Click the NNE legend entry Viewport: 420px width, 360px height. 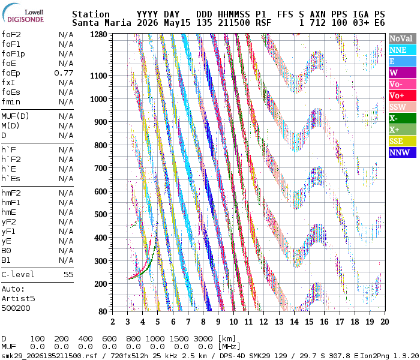pyautogui.click(x=403, y=50)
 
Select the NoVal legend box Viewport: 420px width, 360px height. pyautogui.click(x=403, y=38)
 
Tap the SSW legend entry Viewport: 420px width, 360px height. pyautogui.click(x=403, y=107)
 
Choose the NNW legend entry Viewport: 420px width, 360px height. pyautogui.click(x=403, y=152)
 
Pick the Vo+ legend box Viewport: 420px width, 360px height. pyautogui.click(x=403, y=95)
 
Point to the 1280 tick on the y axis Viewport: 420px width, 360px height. pyautogui.click(x=98, y=35)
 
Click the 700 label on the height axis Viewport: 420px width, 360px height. pyautogui.click(x=101, y=168)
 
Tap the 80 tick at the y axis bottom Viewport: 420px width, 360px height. pyautogui.click(x=103, y=311)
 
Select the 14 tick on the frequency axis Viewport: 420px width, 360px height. pyautogui.click(x=294, y=322)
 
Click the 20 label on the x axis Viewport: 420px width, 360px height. pyautogui.click(x=385, y=322)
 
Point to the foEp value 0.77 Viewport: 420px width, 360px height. pyautogui.click(x=64, y=73)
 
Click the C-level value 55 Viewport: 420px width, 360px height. pyautogui.click(x=68, y=275)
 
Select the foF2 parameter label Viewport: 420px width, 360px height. pyautogui.click(x=11, y=35)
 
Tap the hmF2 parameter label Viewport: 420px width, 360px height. pyautogui.click(x=11, y=193)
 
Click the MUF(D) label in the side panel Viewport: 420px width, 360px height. pyautogui.click(x=15, y=116)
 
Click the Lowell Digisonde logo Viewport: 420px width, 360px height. pyautogui.click(x=23, y=13)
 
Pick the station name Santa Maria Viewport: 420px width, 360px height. pyautogui.click(x=101, y=23)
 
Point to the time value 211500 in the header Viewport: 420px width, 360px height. pyautogui.click(x=234, y=23)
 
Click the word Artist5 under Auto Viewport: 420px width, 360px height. pyautogui.click(x=18, y=299)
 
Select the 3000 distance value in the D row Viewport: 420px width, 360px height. pyautogui.click(x=203, y=339)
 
